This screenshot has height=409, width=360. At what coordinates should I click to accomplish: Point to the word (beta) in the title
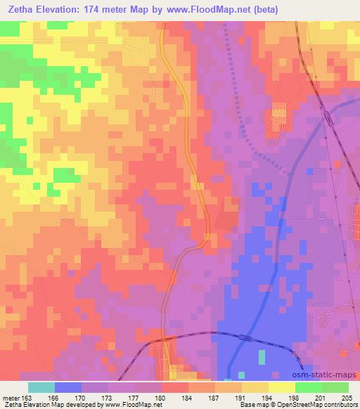pyautogui.click(x=269, y=10)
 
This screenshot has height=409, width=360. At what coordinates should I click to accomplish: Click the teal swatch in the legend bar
pyautogui.click(x=41, y=387)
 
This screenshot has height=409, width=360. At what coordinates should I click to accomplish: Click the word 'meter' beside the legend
pyautogui.click(x=10, y=398)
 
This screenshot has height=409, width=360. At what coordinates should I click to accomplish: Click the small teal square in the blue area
pyautogui.click(x=262, y=358)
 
